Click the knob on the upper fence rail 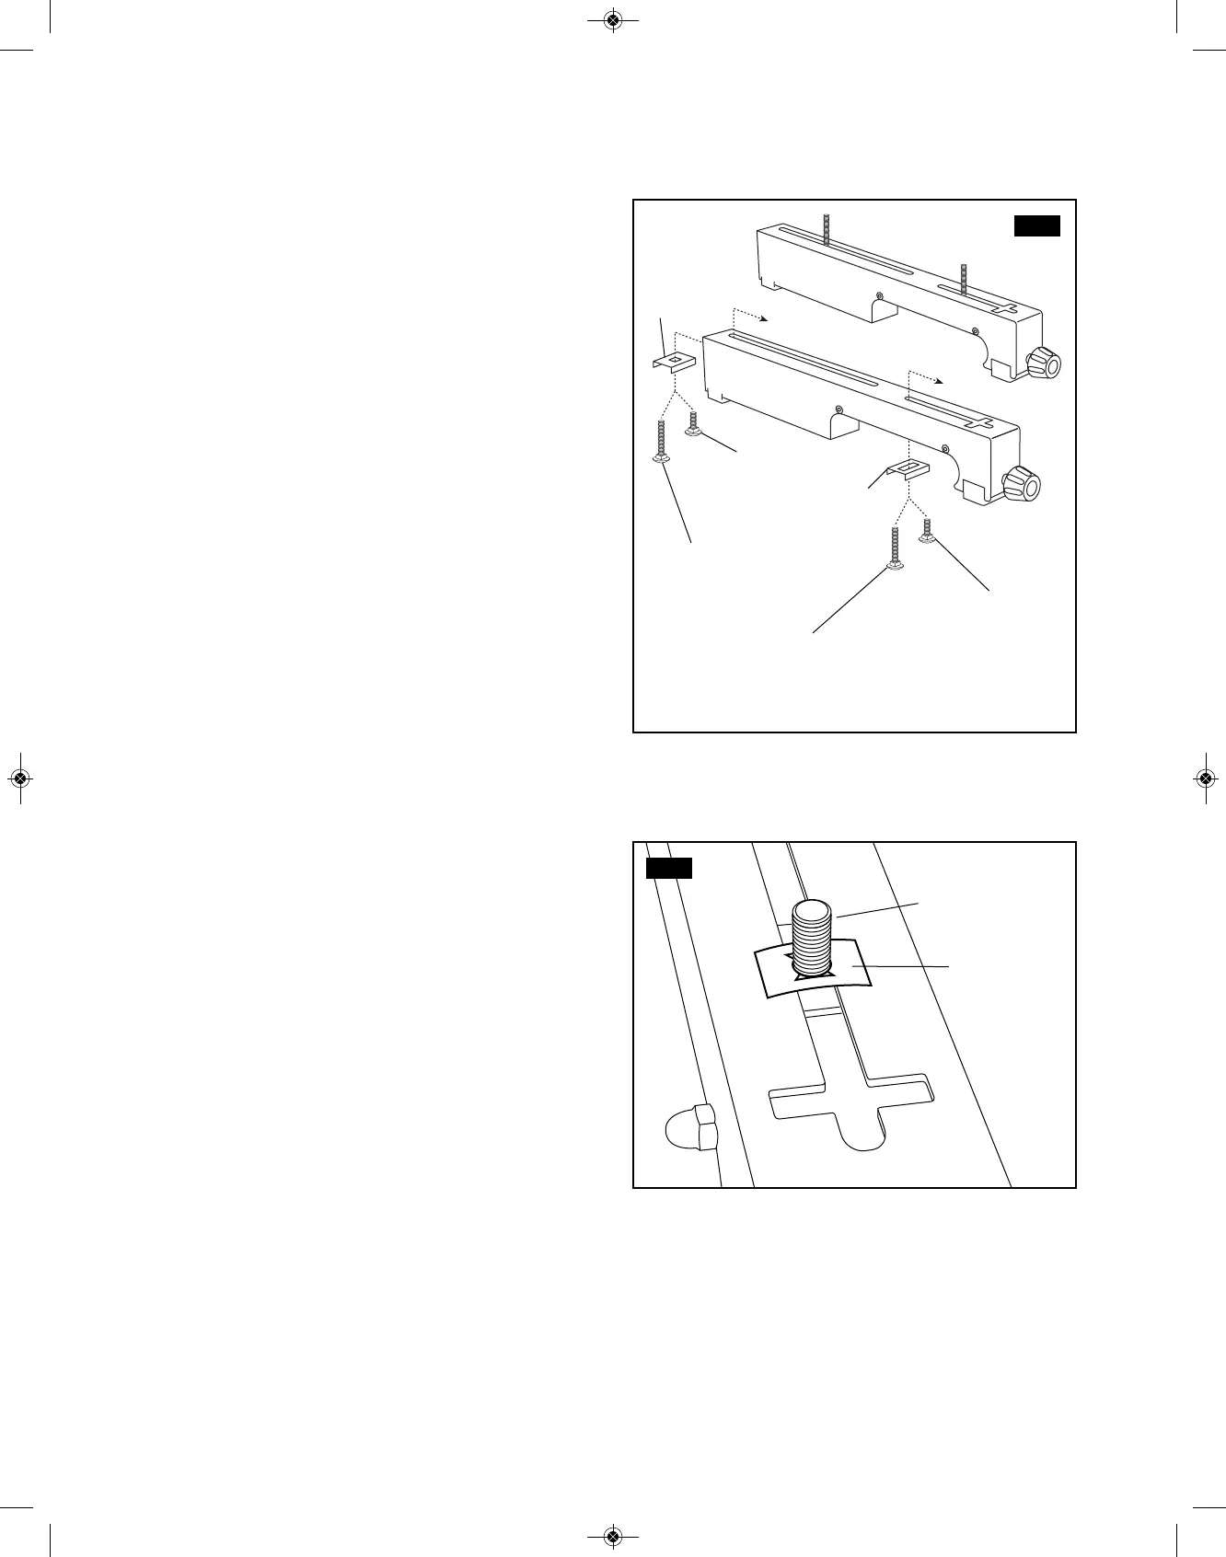coord(1043,363)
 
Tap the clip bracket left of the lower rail coord(673,361)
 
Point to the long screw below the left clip coord(662,442)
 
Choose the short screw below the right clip coord(928,530)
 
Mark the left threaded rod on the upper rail coord(827,229)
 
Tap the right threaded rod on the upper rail coord(964,279)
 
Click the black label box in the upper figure coord(1036,226)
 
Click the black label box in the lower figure coord(668,869)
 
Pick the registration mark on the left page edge coord(20,778)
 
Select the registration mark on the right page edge coord(1205,778)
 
